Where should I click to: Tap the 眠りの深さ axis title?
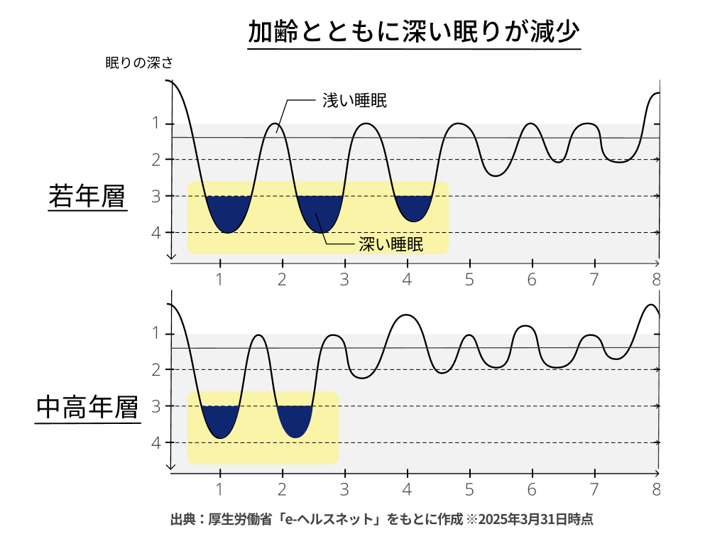click(x=139, y=62)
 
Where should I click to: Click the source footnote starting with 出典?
click(x=381, y=518)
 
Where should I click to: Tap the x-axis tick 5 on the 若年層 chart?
click(x=469, y=279)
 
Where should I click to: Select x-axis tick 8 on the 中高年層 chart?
click(x=657, y=489)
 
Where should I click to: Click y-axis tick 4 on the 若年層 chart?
click(x=156, y=232)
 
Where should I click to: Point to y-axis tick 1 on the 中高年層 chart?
click(x=156, y=334)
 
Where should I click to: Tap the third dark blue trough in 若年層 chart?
click(x=413, y=207)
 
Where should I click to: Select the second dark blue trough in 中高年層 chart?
click(x=295, y=419)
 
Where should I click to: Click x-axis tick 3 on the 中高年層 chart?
click(x=344, y=489)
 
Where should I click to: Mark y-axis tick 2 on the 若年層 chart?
click(x=156, y=160)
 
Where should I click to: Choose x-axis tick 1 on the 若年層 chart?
click(x=220, y=279)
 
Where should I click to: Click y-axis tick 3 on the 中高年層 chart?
click(x=156, y=406)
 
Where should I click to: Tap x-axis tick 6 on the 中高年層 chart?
click(x=532, y=489)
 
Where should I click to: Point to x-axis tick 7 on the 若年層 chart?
click(x=594, y=279)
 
